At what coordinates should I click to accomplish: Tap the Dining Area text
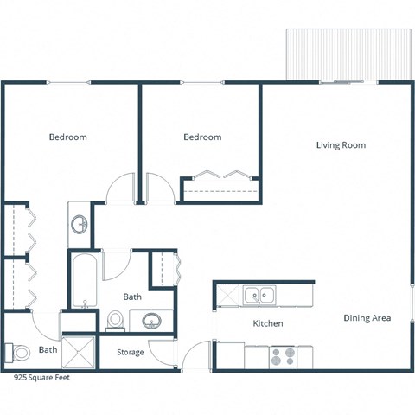(x=367, y=318)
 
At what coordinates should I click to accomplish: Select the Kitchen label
(x=267, y=323)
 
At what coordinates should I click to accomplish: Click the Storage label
(x=131, y=352)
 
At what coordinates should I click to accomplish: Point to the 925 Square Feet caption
(x=42, y=378)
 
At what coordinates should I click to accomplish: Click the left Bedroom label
(x=67, y=137)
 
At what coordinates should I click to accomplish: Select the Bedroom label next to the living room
(x=202, y=137)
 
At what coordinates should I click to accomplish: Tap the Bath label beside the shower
(x=48, y=350)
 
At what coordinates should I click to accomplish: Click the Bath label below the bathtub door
(x=132, y=297)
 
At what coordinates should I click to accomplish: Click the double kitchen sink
(x=259, y=297)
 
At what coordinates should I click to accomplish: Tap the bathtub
(x=84, y=281)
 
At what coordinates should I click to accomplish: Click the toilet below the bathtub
(x=114, y=321)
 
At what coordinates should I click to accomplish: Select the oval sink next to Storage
(x=151, y=322)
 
